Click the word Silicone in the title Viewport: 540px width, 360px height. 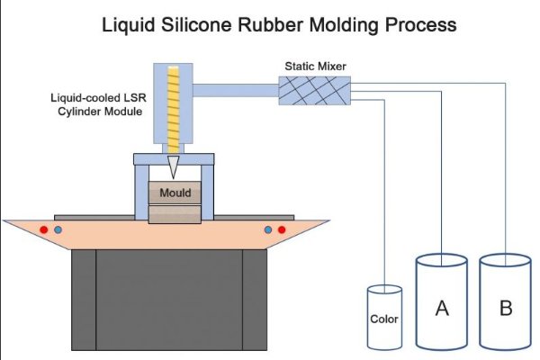206,24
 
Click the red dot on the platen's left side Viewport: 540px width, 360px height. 42,230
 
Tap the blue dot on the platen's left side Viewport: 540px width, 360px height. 58,230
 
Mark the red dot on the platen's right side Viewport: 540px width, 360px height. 282,230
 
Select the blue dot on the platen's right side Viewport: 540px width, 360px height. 267,230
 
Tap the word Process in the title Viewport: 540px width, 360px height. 419,24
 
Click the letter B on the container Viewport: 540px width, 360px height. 506,308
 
